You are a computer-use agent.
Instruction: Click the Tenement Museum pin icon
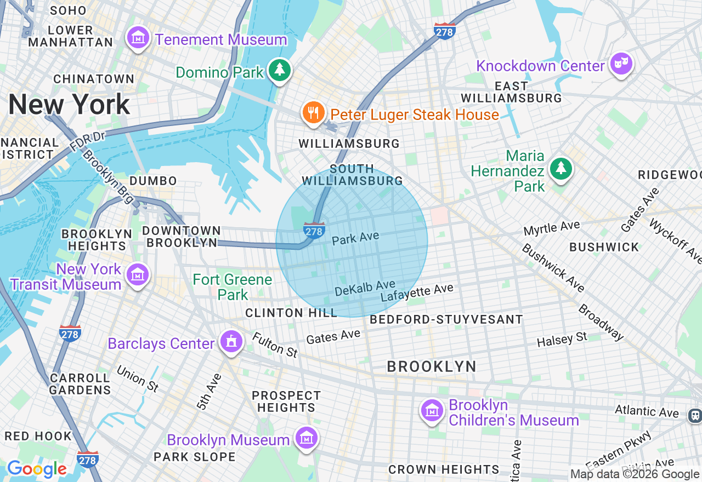click(138, 38)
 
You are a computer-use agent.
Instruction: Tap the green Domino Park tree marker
click(280, 70)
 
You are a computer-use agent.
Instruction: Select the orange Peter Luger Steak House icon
click(313, 113)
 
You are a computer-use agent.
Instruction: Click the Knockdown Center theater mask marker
click(621, 64)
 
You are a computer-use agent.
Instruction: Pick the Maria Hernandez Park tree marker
click(561, 169)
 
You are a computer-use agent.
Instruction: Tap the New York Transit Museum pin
click(137, 275)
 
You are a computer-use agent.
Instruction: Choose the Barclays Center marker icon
click(231, 342)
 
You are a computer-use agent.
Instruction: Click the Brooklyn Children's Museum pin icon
click(432, 411)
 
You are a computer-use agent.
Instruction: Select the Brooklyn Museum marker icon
click(306, 438)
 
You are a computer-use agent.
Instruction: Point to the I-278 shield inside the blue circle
click(314, 231)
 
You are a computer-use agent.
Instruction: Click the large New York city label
click(69, 104)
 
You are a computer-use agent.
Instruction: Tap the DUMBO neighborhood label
click(153, 181)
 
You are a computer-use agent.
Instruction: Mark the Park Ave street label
click(355, 238)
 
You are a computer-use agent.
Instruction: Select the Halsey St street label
click(562, 340)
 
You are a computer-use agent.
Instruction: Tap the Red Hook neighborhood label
click(38, 436)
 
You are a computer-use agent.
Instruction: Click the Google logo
click(37, 469)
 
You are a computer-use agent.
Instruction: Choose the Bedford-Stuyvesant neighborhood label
click(446, 319)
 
